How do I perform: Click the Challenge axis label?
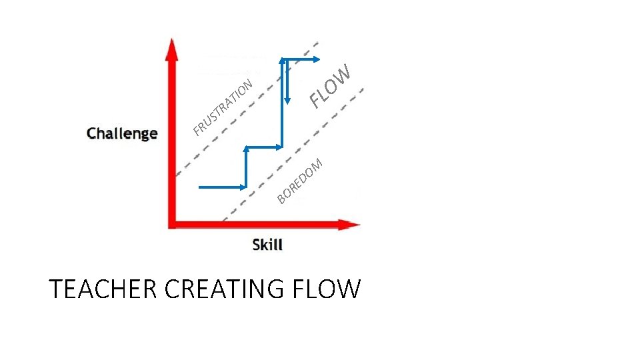(122, 133)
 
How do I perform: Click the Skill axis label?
(267, 245)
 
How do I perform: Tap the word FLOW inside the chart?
(330, 87)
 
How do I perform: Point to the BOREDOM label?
(301, 179)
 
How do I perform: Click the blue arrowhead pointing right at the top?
(316, 59)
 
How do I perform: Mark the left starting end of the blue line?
(200, 187)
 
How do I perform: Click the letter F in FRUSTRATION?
(198, 129)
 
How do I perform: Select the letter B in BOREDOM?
(282, 197)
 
